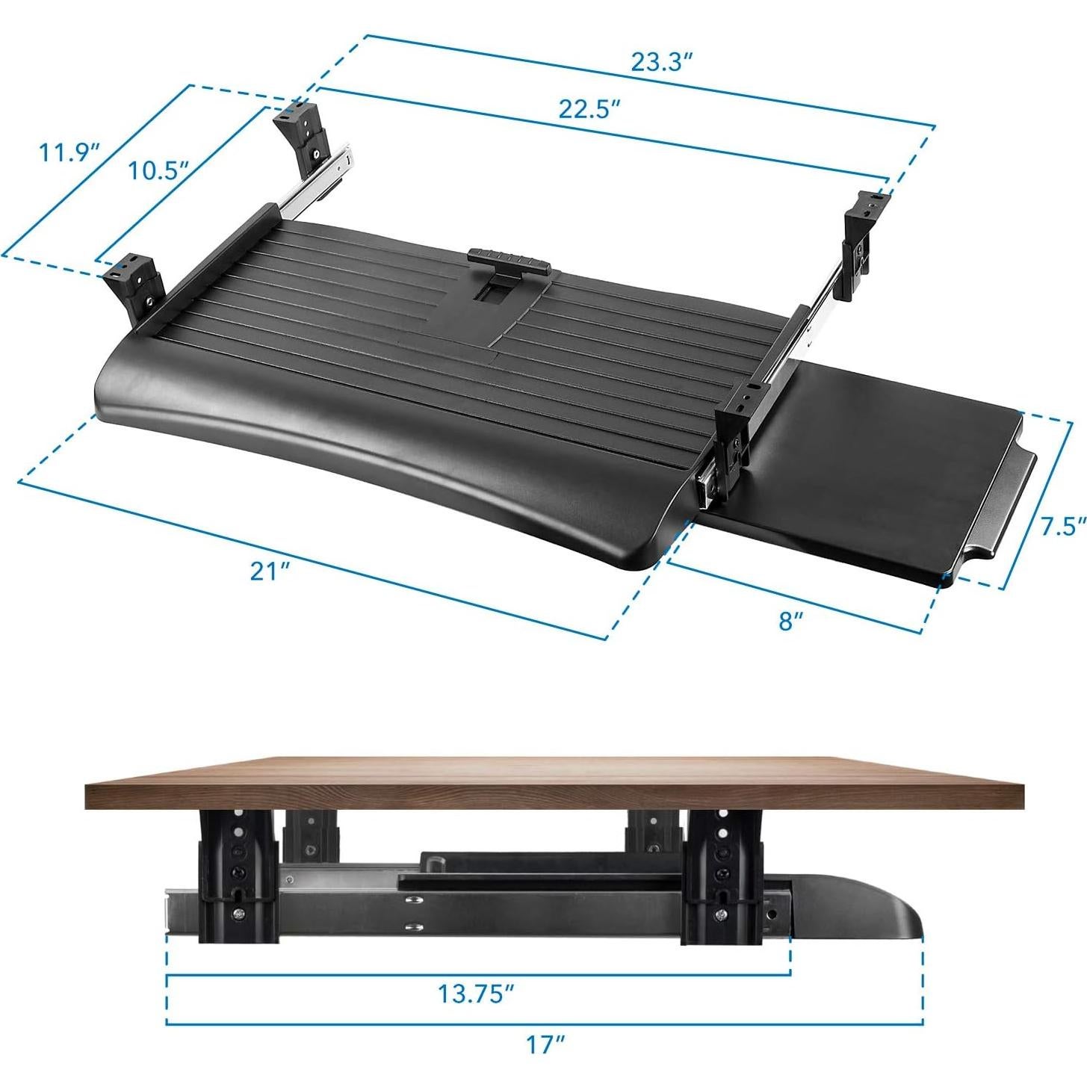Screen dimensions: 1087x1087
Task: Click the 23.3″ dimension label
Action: click(x=658, y=62)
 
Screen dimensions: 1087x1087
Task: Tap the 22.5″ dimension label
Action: click(x=590, y=109)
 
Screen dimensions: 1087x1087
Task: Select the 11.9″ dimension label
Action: click(x=69, y=152)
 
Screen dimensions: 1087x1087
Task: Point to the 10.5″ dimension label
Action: click(x=157, y=170)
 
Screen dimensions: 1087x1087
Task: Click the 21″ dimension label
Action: click(x=270, y=571)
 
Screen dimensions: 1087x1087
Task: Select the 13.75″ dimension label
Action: click(x=476, y=994)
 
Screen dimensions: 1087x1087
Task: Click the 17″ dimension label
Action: click(x=545, y=1044)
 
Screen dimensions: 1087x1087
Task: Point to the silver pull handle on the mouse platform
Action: click(x=1005, y=508)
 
